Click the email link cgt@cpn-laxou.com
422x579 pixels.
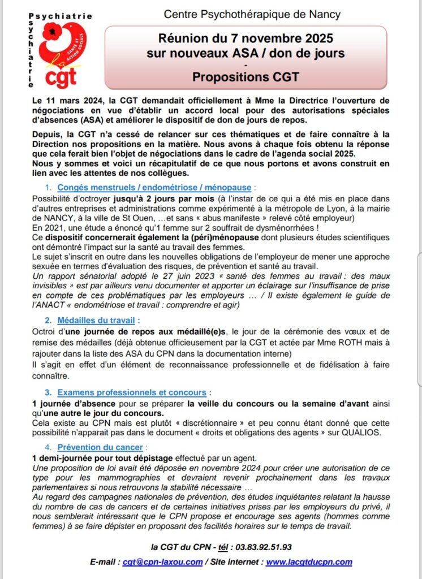(163, 562)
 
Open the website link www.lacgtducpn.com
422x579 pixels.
(309, 562)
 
